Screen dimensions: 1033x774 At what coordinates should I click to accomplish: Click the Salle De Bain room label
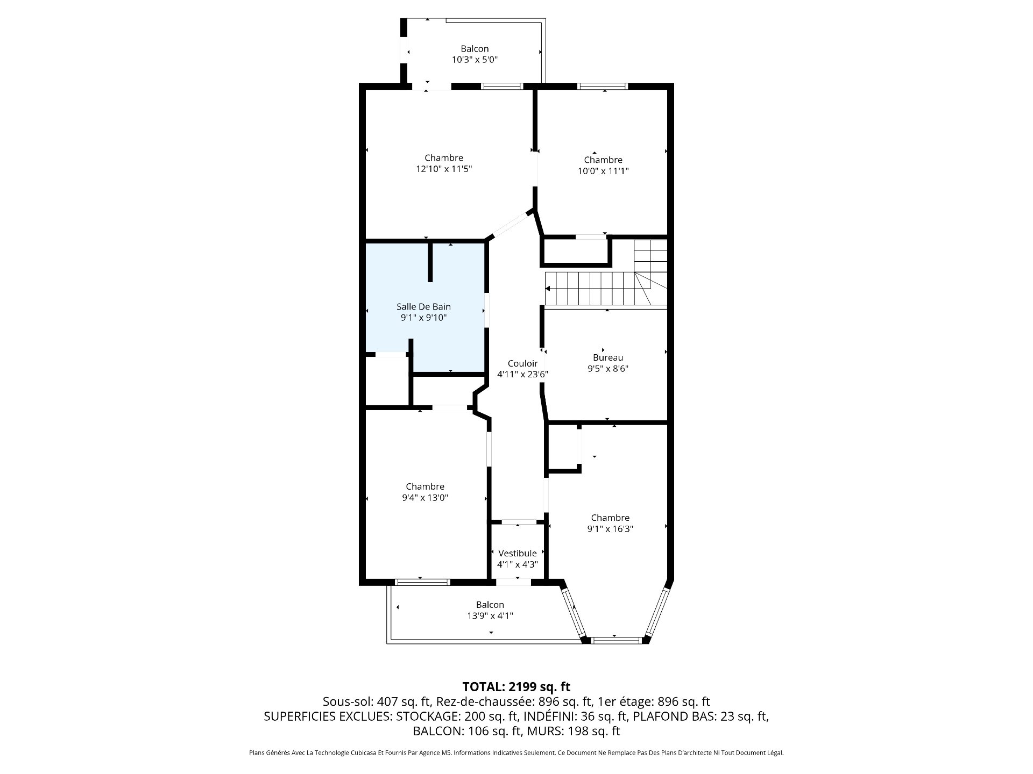pos(423,306)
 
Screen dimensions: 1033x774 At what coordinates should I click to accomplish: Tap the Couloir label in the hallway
pos(522,363)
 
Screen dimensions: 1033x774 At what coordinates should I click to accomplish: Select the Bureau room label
pos(608,357)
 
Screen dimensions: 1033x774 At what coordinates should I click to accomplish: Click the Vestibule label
pos(518,553)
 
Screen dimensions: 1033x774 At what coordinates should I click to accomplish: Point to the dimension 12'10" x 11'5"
pos(444,169)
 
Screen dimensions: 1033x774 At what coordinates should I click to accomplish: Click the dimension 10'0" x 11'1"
pos(603,171)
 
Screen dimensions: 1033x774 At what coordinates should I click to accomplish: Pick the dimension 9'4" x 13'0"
pos(425,498)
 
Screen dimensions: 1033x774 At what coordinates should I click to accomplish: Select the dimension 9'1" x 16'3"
pos(610,529)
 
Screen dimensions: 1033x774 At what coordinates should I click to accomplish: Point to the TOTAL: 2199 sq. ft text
pos(516,686)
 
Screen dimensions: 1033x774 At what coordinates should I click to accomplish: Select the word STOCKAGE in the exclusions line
pos(427,716)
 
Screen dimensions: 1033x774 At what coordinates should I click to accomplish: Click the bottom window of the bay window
pos(616,640)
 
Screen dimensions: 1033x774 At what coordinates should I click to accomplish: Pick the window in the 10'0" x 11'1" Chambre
pos(603,86)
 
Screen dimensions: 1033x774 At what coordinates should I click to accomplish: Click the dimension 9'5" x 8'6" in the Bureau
pos(608,369)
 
